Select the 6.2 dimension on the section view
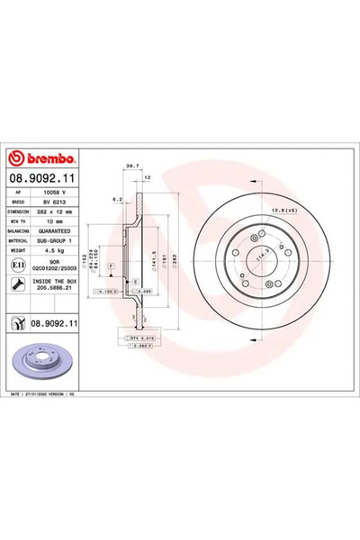pyautogui.click(x=117, y=199)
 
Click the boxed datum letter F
pyautogui.click(x=110, y=268)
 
